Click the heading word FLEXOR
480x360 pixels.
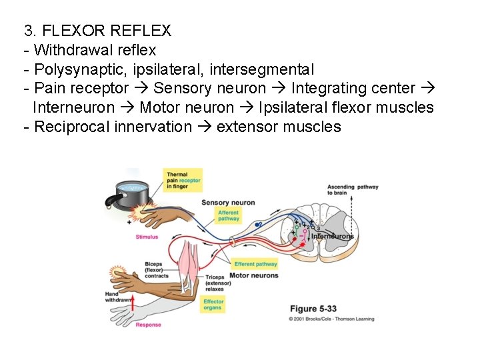coord(71,31)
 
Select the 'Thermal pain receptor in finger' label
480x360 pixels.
coord(183,181)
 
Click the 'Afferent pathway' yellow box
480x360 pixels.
coord(229,215)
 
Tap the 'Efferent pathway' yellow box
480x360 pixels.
coord(255,264)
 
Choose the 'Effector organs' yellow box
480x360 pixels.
coord(213,305)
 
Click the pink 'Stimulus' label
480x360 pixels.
coord(147,237)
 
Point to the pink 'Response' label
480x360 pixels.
coord(148,325)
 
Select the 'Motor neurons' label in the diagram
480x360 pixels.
coord(253,275)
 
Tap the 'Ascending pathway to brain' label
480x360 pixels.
coord(352,190)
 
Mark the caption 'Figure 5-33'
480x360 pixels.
coord(312,309)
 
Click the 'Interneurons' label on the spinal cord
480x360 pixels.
coord(333,236)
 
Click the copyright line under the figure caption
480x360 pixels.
coord(331,319)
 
